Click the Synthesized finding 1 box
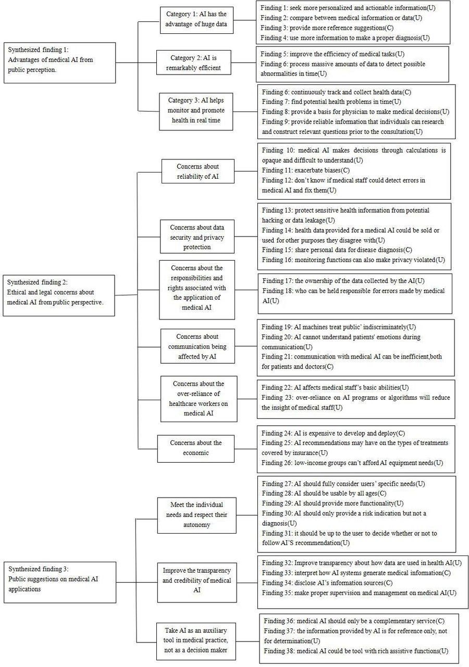59,63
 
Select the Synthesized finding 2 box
59,295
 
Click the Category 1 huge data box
196,20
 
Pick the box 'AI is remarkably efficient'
193,63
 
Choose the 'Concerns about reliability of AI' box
198,171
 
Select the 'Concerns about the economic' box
195,449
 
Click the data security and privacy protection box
197,237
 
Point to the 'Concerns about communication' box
198,347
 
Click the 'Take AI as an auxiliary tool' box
196,641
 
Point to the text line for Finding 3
327,28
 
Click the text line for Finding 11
306,170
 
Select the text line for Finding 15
337,250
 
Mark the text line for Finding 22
335,387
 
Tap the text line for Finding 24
333,433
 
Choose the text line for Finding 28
324,493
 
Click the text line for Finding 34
327,583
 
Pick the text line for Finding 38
356,651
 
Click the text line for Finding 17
343,281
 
